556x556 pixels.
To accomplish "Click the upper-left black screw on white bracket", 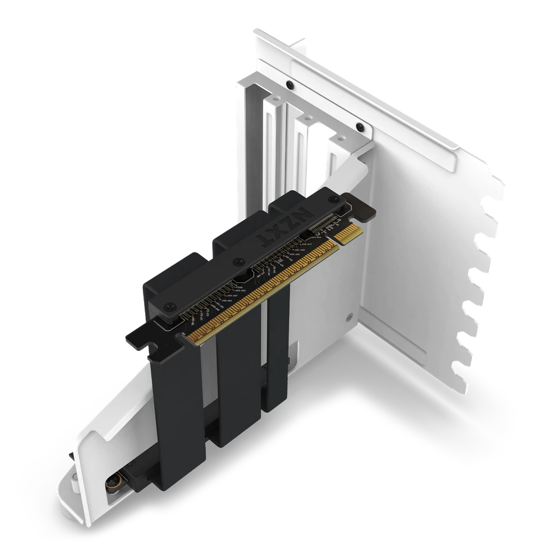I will point(289,85).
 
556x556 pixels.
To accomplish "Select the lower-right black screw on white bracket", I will point(359,126).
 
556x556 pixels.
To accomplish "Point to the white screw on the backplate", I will point(351,317).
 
